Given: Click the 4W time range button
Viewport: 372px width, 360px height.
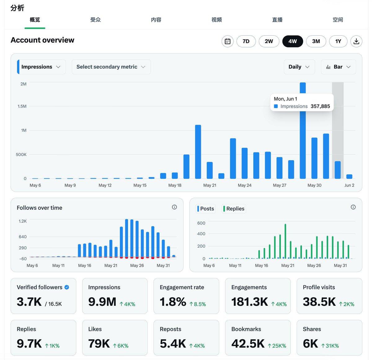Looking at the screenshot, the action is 292,41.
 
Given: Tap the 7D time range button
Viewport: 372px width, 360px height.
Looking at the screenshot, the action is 246,41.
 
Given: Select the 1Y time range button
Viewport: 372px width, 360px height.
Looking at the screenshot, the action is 338,41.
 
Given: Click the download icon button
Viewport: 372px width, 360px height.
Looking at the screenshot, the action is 356,41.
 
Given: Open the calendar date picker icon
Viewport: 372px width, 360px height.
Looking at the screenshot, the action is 228,41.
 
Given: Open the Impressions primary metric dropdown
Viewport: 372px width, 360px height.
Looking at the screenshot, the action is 41,67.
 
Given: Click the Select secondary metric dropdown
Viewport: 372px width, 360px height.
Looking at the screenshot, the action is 111,67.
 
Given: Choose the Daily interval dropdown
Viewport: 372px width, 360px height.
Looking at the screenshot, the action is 299,67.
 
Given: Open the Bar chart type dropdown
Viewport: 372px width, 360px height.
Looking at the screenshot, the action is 338,67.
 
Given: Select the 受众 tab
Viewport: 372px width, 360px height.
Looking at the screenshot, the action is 95,20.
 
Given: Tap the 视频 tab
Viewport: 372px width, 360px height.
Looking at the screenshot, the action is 217,20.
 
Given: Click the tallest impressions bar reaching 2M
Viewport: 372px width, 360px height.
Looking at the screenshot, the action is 303,130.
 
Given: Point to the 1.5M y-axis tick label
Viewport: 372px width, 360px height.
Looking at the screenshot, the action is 22,106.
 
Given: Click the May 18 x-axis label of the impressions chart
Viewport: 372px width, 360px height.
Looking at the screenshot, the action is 175,185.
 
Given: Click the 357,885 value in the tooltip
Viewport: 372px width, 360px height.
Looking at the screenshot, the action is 320,106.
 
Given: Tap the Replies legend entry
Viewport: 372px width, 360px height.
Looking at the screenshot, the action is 234,209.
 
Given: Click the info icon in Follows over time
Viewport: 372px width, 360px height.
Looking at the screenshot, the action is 174,207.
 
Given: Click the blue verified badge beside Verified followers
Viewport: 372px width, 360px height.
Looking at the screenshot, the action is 67,287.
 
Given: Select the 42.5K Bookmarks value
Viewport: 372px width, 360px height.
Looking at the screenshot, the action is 248,344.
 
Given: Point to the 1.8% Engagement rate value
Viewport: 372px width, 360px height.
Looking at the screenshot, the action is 173,302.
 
